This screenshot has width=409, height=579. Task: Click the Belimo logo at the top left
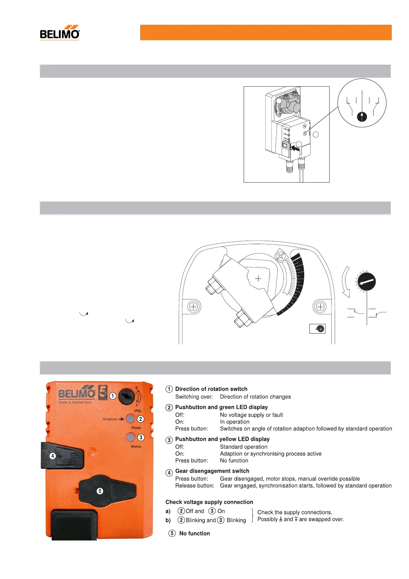60,33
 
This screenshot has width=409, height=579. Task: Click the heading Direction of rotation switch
211,389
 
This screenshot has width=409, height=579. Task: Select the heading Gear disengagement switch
212,471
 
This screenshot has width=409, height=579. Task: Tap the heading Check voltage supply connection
209,502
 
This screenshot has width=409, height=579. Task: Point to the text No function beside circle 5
195,533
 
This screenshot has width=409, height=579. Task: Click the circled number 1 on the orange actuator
113,396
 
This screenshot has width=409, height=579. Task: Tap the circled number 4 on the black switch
53,456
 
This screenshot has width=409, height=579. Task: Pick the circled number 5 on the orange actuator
100,491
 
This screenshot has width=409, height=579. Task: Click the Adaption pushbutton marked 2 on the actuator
130,419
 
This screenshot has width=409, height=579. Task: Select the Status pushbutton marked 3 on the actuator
130,437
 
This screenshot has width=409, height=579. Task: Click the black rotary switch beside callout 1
126,397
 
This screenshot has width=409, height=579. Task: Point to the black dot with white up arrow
362,117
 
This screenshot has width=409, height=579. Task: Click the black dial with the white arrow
367,282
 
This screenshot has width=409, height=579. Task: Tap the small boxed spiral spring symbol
317,329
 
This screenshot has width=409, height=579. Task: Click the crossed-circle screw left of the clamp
194,307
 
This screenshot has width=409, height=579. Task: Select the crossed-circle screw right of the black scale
320,307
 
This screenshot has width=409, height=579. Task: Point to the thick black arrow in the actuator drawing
295,148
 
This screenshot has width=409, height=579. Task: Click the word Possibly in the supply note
267,519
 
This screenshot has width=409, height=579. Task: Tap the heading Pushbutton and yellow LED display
222,439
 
